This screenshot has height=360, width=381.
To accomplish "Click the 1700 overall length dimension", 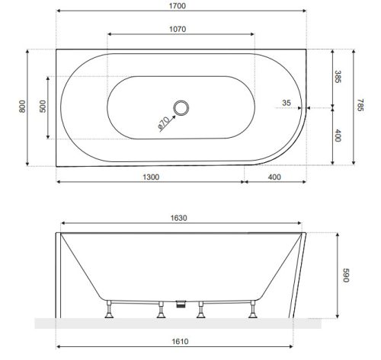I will click(181, 6).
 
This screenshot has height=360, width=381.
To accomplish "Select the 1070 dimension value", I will click(179, 29).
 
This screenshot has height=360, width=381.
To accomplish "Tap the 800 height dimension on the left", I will click(22, 107).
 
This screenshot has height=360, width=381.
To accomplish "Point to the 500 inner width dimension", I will click(43, 107).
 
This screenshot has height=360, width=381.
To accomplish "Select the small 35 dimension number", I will click(287, 101).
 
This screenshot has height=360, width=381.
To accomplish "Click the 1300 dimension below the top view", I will click(150, 177).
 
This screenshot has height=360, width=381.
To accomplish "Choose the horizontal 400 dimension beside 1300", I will click(275, 177).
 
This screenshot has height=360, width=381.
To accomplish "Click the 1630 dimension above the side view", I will click(179, 218).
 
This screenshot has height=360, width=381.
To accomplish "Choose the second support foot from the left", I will click(161, 311).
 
